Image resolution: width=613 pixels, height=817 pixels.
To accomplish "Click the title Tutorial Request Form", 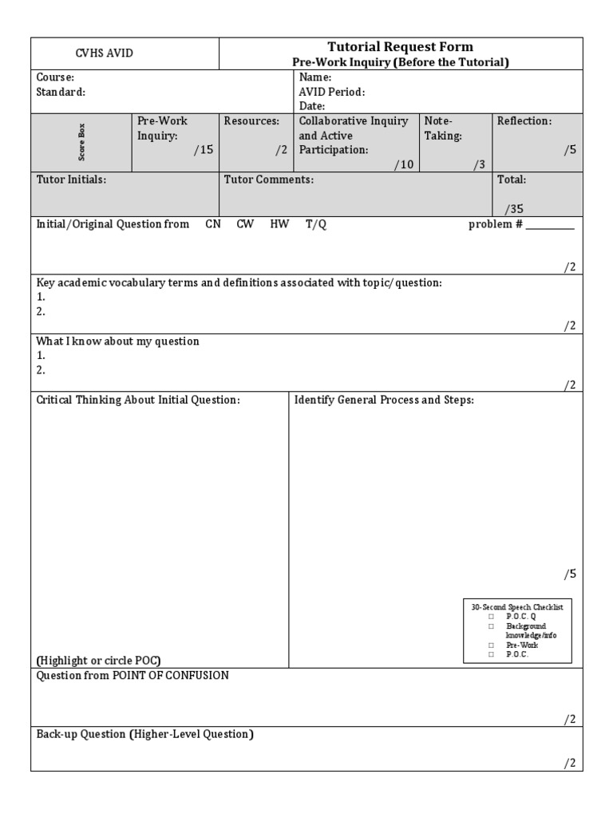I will (x=401, y=47).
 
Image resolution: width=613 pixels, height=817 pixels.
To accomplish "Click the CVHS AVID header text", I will (x=104, y=53).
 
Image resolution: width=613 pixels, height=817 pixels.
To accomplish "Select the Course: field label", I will (x=55, y=77).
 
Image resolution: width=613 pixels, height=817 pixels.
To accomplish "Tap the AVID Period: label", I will (x=331, y=92).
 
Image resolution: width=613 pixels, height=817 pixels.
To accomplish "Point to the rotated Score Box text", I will (x=81, y=142).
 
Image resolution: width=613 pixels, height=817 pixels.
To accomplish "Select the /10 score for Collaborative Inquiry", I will (x=404, y=164).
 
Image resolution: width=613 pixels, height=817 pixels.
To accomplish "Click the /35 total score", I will (x=514, y=209).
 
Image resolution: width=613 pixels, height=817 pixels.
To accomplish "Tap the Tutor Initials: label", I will (x=71, y=180).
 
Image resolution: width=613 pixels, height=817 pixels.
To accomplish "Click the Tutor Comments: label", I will (x=268, y=180).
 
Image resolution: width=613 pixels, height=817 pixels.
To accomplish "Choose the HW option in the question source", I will (x=279, y=224).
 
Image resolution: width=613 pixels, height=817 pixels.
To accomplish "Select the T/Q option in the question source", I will (x=316, y=224).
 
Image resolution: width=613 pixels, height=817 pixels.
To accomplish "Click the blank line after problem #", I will (x=550, y=227).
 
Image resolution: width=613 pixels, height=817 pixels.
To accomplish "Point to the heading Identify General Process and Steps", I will (x=384, y=400).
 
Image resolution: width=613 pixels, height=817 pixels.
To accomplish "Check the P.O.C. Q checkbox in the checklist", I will (x=491, y=617).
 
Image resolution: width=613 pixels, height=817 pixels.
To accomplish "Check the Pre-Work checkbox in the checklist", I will (x=491, y=645).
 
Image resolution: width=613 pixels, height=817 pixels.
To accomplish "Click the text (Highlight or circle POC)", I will (x=98, y=660).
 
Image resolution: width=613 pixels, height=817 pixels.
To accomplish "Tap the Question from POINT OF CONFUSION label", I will (x=132, y=675).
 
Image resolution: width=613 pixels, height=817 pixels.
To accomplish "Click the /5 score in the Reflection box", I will (x=569, y=149).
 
